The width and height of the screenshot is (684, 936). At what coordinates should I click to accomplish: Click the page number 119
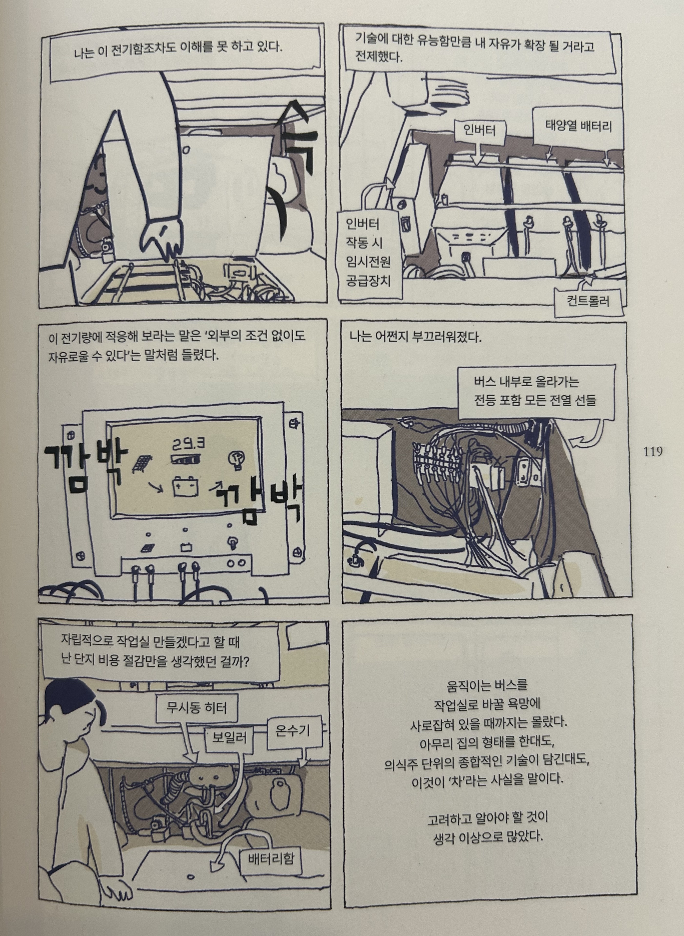[x=653, y=452]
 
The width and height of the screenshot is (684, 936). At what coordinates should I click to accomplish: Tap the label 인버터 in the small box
[x=479, y=131]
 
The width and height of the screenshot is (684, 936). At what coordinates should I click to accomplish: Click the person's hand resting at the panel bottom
[x=117, y=889]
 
